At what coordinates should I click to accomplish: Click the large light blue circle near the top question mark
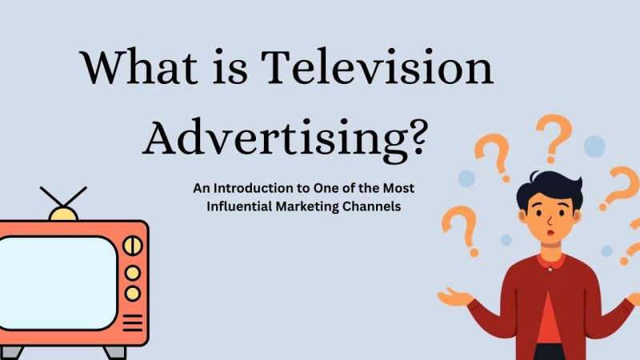[594, 146]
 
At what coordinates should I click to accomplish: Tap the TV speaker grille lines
[134, 322]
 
